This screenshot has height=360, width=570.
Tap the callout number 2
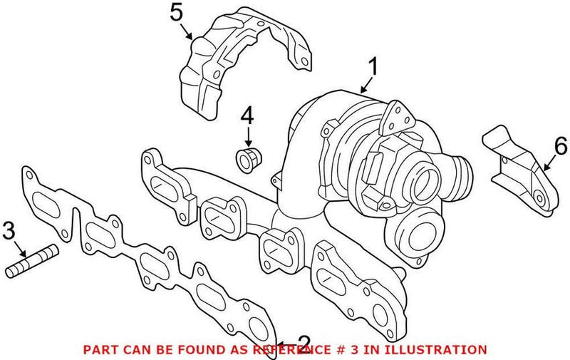[x=304, y=341]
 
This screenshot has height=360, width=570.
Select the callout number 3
[x=9, y=230]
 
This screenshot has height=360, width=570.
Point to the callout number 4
[x=247, y=114]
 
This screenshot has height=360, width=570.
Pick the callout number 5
[x=177, y=12]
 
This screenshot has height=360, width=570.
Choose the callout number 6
[x=560, y=148]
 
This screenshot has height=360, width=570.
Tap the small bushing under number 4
[x=247, y=160]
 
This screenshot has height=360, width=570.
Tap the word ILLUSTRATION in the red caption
[x=442, y=349]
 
